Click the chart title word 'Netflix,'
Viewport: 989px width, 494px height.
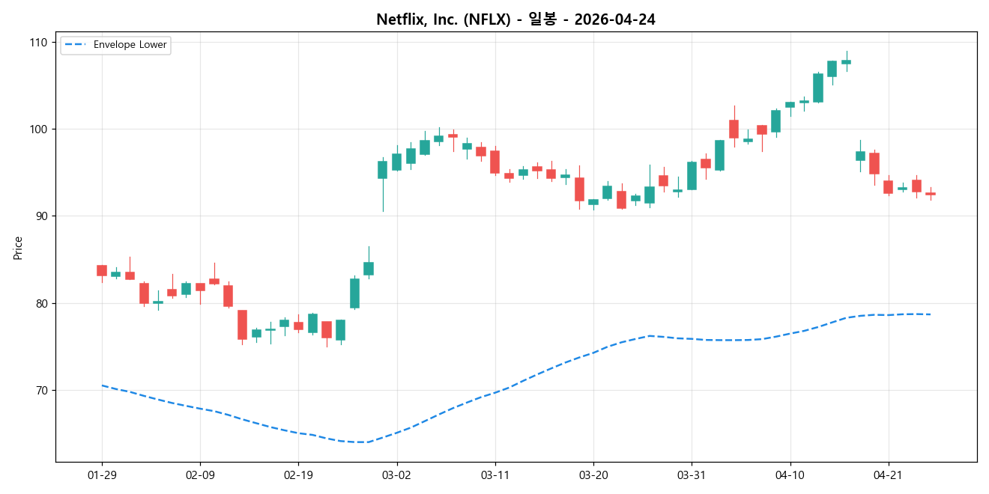pyautogui.click(x=399, y=20)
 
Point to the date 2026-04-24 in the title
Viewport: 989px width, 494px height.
pyautogui.click(x=614, y=20)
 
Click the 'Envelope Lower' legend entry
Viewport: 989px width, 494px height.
pyautogui.click(x=125, y=45)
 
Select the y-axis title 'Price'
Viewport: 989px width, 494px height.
pyautogui.click(x=18, y=248)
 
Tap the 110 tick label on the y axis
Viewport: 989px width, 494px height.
pyautogui.click(x=38, y=42)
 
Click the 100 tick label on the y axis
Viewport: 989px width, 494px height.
pyautogui.click(x=38, y=129)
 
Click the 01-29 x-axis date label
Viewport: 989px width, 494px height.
pyautogui.click(x=102, y=475)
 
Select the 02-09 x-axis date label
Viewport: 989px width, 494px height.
pyautogui.click(x=200, y=475)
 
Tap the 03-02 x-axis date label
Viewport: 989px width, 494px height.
pyautogui.click(x=396, y=475)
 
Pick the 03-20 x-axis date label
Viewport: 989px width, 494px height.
pyautogui.click(x=593, y=475)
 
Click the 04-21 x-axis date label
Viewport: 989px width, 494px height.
pyautogui.click(x=888, y=475)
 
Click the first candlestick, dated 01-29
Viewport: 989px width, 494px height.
pyautogui.click(x=102, y=270)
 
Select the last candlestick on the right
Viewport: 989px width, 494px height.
pyautogui.click(x=931, y=194)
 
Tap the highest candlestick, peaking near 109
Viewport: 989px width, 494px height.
pyautogui.click(x=846, y=61)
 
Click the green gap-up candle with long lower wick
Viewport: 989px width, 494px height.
pyautogui.click(x=382, y=170)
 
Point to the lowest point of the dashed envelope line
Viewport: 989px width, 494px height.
pyautogui.click(x=363, y=442)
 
